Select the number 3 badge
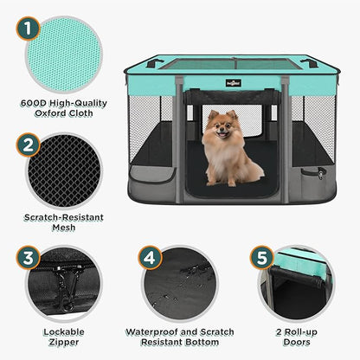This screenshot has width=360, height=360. click(x=29, y=257)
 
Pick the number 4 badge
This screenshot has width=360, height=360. click(x=150, y=257)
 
